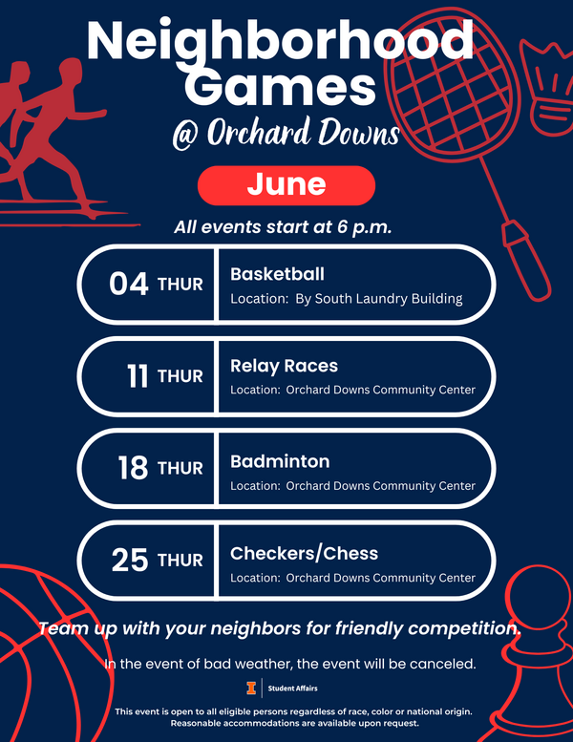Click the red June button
click(286, 185)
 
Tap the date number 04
click(129, 284)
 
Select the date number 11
click(138, 376)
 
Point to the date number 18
click(133, 468)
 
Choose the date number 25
click(130, 561)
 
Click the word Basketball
click(277, 274)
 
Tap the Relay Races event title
click(284, 366)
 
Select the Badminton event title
click(280, 461)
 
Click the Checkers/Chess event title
click(305, 553)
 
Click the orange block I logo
click(251, 689)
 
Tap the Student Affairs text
click(292, 689)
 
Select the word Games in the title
click(280, 87)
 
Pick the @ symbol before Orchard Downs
click(185, 136)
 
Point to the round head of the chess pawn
click(535, 592)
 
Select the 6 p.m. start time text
click(365, 227)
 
